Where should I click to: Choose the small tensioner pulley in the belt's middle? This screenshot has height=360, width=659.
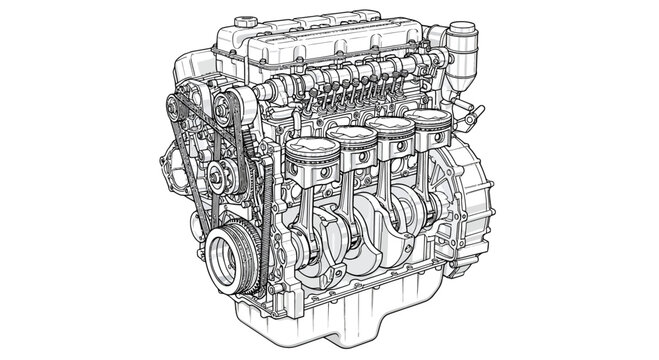coord(216,181)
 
